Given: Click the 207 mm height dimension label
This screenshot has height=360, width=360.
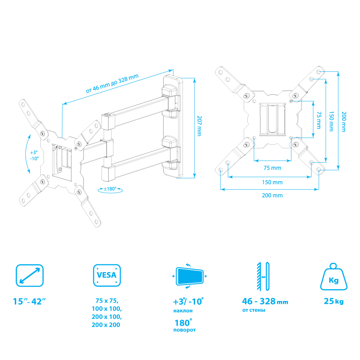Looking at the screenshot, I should [x=199, y=125].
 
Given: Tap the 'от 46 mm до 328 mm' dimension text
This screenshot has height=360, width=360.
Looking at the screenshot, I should [x=112, y=84].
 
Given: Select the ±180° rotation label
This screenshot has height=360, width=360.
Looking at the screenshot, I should [x=110, y=189].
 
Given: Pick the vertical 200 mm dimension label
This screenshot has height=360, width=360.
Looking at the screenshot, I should [x=343, y=122].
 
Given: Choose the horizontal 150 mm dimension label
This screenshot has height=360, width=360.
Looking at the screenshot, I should [x=272, y=182].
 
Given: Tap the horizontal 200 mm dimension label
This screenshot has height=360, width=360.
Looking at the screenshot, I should [x=272, y=195].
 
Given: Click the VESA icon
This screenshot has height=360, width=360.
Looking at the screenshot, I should [x=107, y=276].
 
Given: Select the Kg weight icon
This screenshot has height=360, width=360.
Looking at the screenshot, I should [x=334, y=278].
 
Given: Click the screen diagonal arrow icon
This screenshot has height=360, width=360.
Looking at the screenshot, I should [x=30, y=276].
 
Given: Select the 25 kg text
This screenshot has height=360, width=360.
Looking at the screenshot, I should [x=334, y=301].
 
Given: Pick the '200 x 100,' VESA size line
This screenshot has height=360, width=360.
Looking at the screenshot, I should [x=107, y=317].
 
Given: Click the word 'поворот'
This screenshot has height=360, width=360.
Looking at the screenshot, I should [x=185, y=330].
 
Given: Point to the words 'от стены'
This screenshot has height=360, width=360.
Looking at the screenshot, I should [x=254, y=310].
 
